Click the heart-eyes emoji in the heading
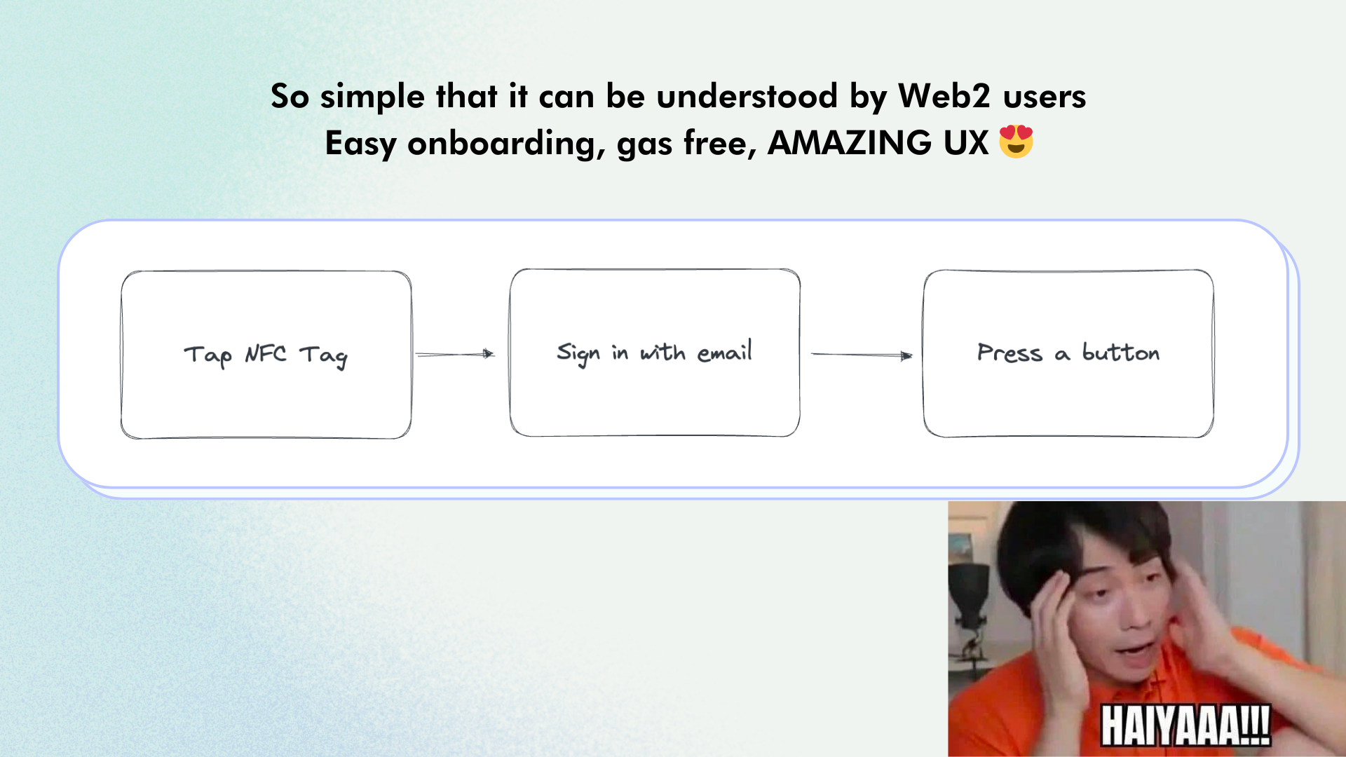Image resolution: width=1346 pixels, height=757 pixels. [x=1016, y=142]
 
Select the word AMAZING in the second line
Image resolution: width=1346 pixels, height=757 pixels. [x=850, y=143]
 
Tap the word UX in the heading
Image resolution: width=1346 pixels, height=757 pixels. [x=965, y=143]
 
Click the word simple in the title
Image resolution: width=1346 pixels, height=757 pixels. [x=372, y=97]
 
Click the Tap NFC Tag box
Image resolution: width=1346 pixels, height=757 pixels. [x=266, y=355]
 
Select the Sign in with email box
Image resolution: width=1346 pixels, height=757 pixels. [x=655, y=353]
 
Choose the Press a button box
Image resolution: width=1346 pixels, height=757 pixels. [x=1068, y=353]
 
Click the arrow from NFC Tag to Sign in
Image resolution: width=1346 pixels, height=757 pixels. [x=455, y=354]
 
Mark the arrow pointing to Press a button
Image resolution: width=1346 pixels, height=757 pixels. [x=862, y=355]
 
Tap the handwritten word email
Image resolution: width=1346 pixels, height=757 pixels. [x=725, y=351]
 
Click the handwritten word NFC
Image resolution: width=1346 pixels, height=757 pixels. [x=266, y=353]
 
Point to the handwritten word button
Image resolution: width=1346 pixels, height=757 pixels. [x=1121, y=352]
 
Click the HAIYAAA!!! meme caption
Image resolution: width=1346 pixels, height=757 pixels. [x=1185, y=725]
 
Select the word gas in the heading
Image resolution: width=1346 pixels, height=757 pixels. [x=644, y=146]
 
